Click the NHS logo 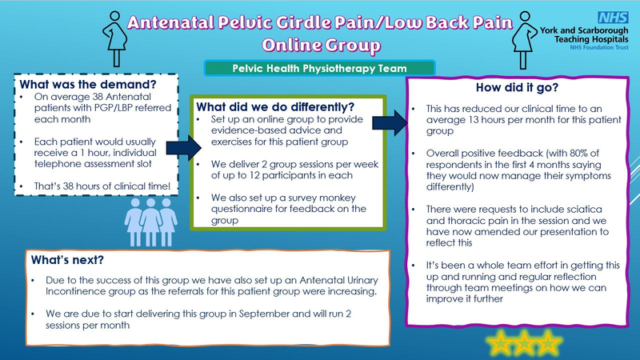(613, 18)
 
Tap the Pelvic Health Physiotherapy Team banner (319, 68)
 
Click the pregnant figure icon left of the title (115, 38)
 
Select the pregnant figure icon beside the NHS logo (525, 40)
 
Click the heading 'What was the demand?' (88, 85)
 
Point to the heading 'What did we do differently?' (275, 107)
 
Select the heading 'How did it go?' (517, 87)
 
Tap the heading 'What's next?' (67, 260)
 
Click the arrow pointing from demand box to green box (184, 148)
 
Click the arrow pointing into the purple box (390, 123)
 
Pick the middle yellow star (524, 342)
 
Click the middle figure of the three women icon (150, 222)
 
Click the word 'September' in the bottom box (264, 314)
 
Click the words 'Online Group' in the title (322, 46)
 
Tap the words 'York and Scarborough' (584, 30)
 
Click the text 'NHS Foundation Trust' (599, 47)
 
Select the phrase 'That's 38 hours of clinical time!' (102, 186)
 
